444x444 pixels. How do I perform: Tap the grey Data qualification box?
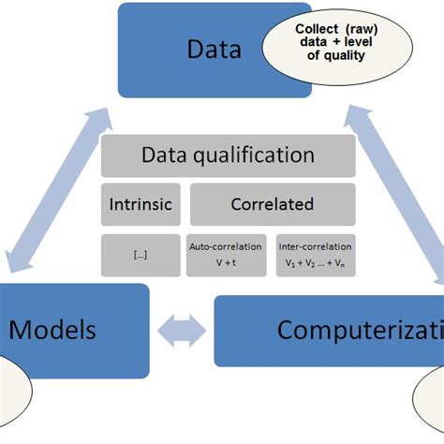(228, 155)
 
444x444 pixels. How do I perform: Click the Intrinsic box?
(140, 204)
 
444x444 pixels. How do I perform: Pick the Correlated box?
(273, 204)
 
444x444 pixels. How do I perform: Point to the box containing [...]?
(140, 254)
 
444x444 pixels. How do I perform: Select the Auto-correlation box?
(227, 254)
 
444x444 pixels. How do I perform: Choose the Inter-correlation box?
(315, 254)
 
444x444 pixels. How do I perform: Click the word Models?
(52, 329)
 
